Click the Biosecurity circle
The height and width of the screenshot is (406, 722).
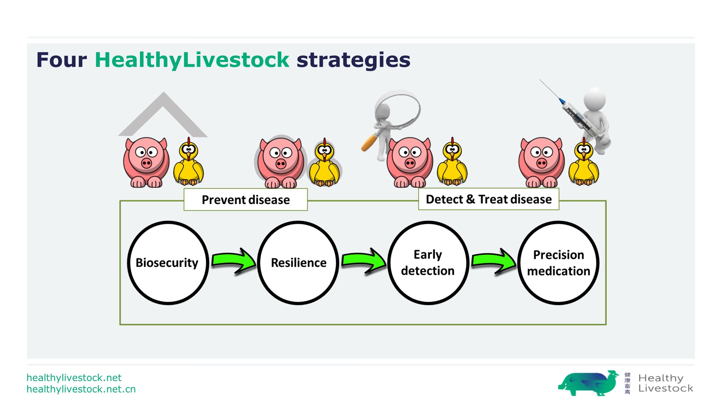click(168, 263)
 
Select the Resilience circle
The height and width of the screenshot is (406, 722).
click(298, 263)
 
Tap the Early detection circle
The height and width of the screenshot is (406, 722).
click(428, 263)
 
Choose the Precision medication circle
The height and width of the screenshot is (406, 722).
click(558, 263)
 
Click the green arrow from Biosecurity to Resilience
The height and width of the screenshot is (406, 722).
click(234, 261)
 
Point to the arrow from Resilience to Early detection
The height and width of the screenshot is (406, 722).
click(364, 261)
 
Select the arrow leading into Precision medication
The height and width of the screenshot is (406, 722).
click(494, 261)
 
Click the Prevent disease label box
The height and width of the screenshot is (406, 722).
click(246, 199)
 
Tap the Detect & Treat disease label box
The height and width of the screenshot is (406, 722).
click(489, 199)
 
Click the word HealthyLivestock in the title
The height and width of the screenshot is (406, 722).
click(192, 60)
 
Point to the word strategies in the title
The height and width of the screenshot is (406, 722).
click(354, 60)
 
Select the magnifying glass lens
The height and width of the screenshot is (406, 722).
click(398, 110)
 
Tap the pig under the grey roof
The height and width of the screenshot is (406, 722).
click(146, 162)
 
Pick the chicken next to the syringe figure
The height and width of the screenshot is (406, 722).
click(584, 162)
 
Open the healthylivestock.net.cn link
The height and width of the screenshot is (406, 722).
click(81, 389)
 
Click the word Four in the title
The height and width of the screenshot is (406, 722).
click(62, 60)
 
